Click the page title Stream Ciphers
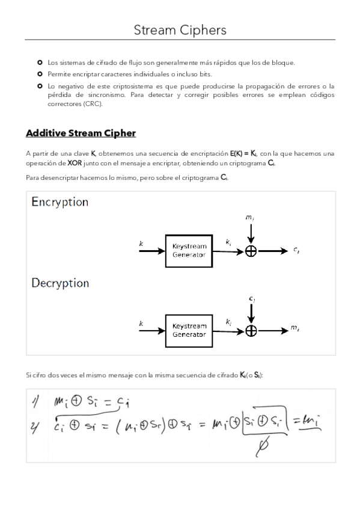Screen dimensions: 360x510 click(180, 29)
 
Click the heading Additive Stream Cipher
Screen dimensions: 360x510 click(81, 133)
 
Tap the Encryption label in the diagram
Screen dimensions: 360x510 click(60, 202)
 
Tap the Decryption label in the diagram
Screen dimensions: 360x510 click(60, 283)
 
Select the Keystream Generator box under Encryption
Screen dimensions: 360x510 click(189, 250)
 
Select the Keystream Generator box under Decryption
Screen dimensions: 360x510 click(189, 330)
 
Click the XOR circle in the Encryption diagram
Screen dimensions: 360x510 click(251, 251)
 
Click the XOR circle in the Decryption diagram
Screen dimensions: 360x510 click(251, 330)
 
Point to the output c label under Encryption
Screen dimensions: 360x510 click(297, 251)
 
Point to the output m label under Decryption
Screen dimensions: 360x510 click(295, 328)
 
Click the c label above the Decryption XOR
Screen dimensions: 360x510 click(251, 298)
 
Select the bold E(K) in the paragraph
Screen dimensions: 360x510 click(237, 153)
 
